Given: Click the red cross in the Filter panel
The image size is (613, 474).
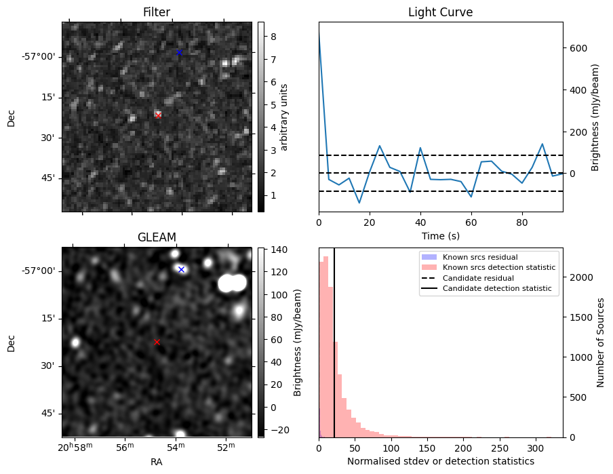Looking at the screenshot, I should [158, 115].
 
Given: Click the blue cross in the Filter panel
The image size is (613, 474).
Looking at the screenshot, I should [179, 52].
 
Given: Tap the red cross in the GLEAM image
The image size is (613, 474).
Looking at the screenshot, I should [157, 342].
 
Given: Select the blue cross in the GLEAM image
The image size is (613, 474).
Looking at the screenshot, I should [181, 269].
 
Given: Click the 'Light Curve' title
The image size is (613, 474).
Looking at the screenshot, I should [440, 12].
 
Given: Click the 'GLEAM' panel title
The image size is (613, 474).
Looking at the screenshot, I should [157, 237].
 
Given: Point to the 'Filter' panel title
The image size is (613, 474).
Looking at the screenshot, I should [157, 12].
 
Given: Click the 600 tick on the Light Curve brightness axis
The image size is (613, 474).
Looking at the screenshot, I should [578, 48].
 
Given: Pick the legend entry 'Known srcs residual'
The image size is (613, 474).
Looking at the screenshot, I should [480, 257].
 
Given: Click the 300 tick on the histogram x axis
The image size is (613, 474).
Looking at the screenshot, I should [535, 448].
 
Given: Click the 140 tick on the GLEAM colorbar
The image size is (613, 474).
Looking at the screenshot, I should [279, 250].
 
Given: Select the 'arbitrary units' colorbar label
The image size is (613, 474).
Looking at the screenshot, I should [285, 117].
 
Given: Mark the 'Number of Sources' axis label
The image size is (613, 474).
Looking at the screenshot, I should [601, 342].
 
